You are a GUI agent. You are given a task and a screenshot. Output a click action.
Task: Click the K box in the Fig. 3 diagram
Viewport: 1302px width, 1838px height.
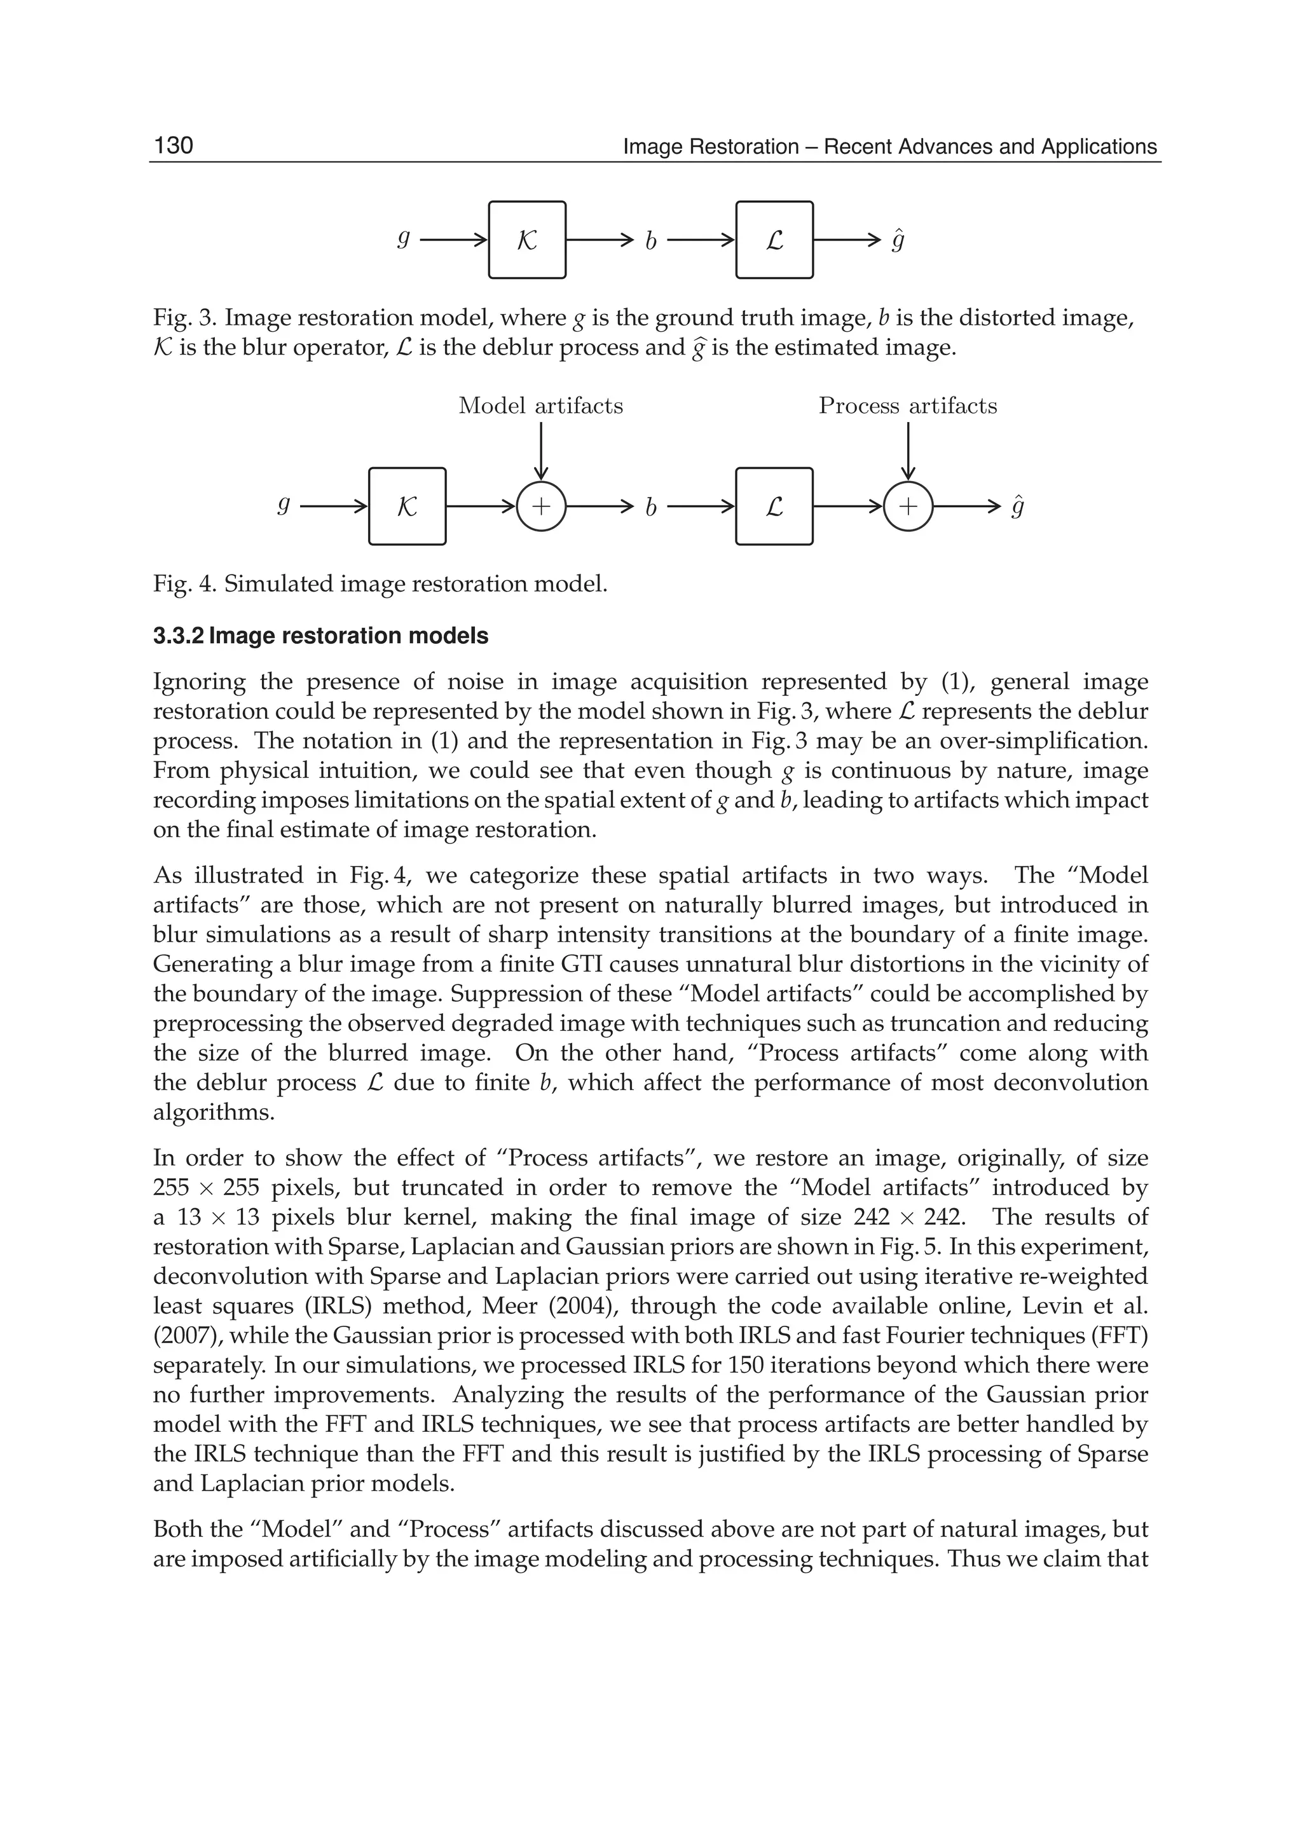(x=527, y=240)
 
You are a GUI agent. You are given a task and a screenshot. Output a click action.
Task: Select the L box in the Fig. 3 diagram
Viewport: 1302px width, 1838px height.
(x=774, y=240)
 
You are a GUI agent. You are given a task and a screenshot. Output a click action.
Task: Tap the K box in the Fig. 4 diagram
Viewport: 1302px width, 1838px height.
(x=408, y=506)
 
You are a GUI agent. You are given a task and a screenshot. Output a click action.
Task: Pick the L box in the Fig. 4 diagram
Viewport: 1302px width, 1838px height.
(x=774, y=506)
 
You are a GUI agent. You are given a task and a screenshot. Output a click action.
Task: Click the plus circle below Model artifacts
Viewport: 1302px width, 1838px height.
(x=541, y=506)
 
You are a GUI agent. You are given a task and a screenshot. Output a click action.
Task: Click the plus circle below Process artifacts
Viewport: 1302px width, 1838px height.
(x=908, y=506)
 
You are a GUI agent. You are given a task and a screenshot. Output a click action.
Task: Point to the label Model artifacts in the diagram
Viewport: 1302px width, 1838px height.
(x=540, y=405)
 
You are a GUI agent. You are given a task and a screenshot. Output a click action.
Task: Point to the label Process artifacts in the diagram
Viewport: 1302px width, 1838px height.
(x=908, y=405)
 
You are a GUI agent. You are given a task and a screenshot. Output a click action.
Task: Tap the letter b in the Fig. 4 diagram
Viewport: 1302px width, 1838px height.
(x=650, y=507)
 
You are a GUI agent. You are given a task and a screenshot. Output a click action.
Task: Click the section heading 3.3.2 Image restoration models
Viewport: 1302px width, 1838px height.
(x=320, y=636)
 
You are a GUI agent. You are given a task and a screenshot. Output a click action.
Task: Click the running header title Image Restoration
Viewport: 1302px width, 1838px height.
(x=710, y=147)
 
